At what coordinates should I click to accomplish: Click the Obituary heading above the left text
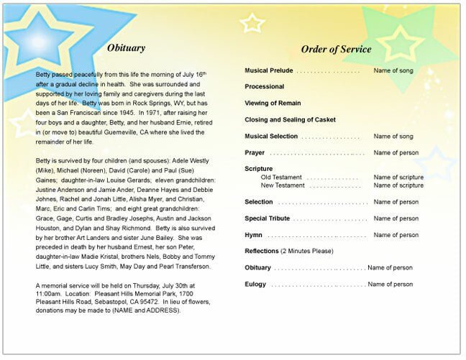126,49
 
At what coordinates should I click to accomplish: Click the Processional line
265,87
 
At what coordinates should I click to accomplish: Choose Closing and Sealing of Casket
291,119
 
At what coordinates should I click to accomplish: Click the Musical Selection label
271,136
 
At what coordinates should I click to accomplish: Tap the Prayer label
255,152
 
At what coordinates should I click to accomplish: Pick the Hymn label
254,235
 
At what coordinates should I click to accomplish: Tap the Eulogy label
256,284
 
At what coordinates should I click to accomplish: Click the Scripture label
259,169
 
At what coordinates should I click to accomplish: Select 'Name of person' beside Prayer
396,152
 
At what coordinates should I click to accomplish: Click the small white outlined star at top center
252,23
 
